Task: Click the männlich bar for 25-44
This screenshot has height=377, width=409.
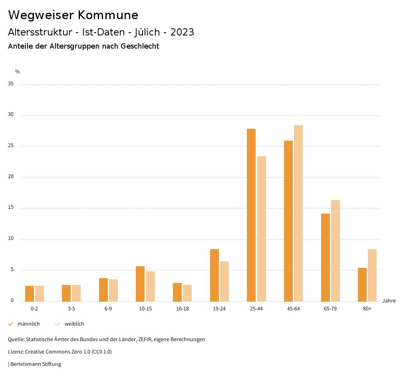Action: [251, 215]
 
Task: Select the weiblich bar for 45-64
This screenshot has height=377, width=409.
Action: [298, 213]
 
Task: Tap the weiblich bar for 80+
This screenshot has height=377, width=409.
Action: [372, 275]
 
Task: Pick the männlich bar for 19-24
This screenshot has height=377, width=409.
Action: [214, 275]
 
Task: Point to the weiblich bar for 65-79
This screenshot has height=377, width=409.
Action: [336, 251]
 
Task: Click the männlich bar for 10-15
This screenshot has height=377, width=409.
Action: [140, 284]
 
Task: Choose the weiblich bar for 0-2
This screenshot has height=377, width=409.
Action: [40, 293]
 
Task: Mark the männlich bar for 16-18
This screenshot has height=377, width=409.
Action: [177, 292]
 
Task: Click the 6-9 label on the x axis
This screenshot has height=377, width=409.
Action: [108, 309]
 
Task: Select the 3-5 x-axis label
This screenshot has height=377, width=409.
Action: [71, 309]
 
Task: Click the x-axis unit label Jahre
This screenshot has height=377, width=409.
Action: [389, 301]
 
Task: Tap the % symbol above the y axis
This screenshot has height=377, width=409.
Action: [18, 72]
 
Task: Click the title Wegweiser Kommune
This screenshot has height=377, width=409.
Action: [73, 15]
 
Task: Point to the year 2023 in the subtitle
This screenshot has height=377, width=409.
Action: [182, 32]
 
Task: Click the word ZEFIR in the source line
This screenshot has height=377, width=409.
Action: [147, 340]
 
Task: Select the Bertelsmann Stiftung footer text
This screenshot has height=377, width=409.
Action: [36, 364]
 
